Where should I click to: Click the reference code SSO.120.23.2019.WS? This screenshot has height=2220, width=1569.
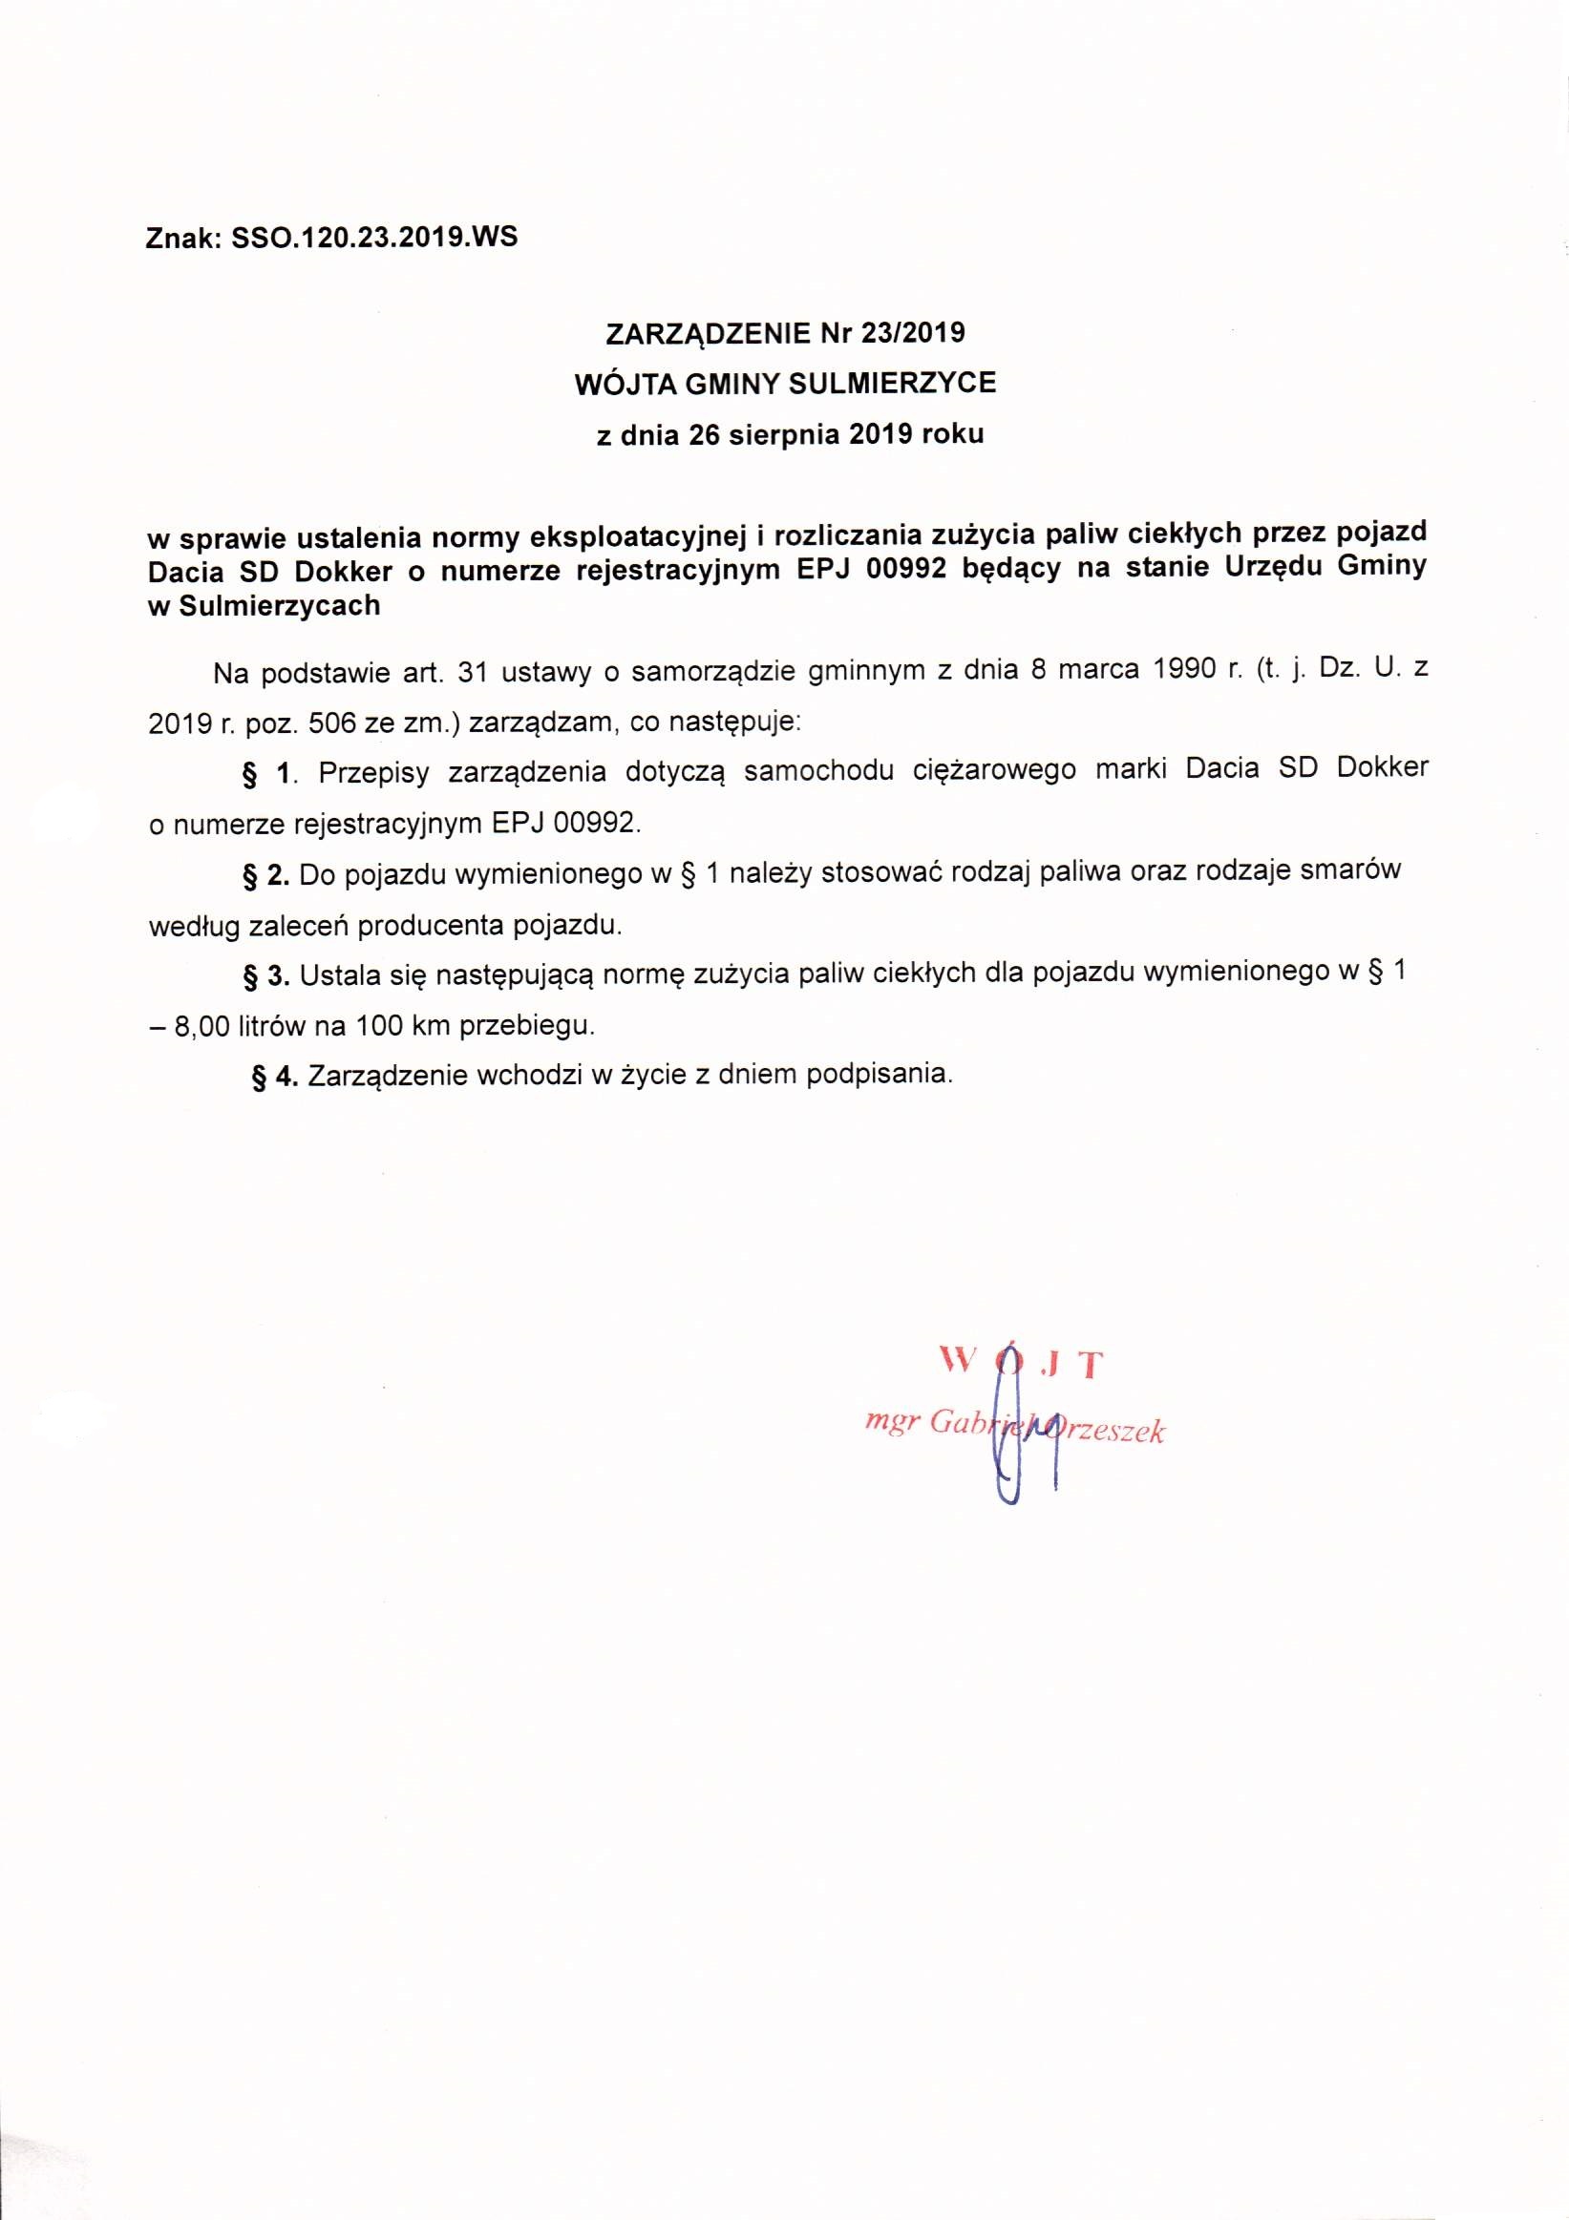click(x=374, y=238)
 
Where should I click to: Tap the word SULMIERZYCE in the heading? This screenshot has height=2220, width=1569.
click(x=892, y=384)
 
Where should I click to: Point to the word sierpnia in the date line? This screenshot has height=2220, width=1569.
click(x=785, y=434)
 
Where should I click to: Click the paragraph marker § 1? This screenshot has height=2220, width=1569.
click(x=266, y=772)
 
